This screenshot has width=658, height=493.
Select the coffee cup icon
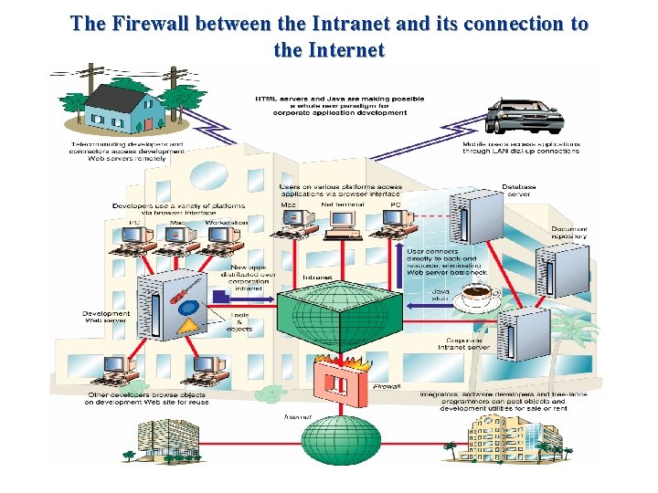tap(476, 297)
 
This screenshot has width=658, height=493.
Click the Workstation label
tap(226, 222)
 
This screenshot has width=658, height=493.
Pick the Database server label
tap(518, 191)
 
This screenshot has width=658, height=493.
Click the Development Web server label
tap(106, 318)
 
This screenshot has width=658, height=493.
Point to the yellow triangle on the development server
tap(188, 322)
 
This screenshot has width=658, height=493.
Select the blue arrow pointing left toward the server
tap(220, 296)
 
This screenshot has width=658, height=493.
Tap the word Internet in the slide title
tap(329, 50)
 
